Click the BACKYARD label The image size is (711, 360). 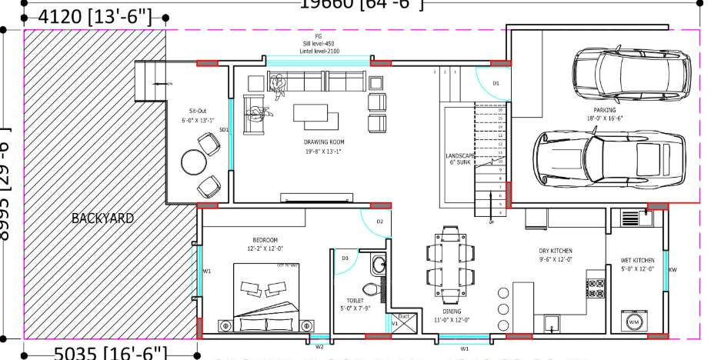[x=102, y=218]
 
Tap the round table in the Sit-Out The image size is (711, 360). [x=192, y=162]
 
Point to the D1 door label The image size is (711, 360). [x=496, y=82]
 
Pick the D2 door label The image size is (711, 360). [x=379, y=222]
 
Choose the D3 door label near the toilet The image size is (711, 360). [x=345, y=258]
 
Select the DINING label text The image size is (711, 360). [x=451, y=311]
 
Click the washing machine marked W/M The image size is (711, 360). [x=633, y=320]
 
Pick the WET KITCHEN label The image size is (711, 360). [x=637, y=260]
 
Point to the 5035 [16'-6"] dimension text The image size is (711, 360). [x=110, y=352]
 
